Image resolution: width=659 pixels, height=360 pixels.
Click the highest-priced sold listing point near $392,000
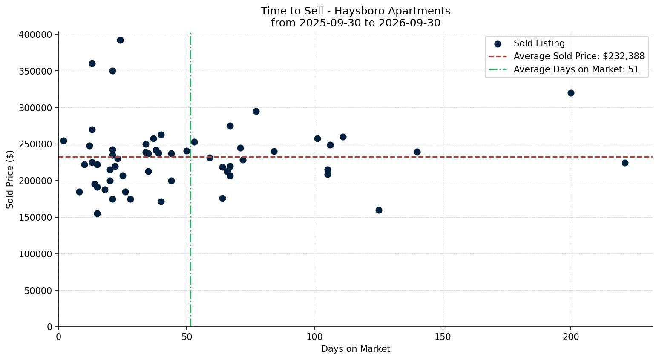[x=120, y=40]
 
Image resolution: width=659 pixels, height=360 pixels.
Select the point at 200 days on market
[x=571, y=93]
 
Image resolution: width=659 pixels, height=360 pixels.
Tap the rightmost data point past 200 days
[x=625, y=163]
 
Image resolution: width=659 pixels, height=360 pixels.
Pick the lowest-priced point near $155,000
[x=97, y=213]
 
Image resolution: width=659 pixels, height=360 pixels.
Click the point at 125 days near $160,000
[x=379, y=210]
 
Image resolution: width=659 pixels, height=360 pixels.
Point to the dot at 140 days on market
[x=417, y=152]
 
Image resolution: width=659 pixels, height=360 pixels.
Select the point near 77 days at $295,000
[x=256, y=112]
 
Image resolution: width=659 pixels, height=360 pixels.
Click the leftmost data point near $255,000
[x=63, y=141]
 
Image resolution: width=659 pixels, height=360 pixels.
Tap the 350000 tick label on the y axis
[x=35, y=71]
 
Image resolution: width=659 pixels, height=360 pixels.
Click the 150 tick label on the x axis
[x=443, y=337]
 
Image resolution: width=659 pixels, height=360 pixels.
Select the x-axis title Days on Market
[x=355, y=349]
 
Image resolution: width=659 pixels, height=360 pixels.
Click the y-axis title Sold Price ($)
[x=10, y=179]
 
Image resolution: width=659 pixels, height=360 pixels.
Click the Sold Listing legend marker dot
[x=498, y=44]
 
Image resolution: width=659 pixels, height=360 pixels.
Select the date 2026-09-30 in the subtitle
[x=409, y=23]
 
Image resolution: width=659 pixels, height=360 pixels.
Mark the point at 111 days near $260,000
[x=343, y=137]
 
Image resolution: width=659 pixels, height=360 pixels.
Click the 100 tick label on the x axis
[x=315, y=337]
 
